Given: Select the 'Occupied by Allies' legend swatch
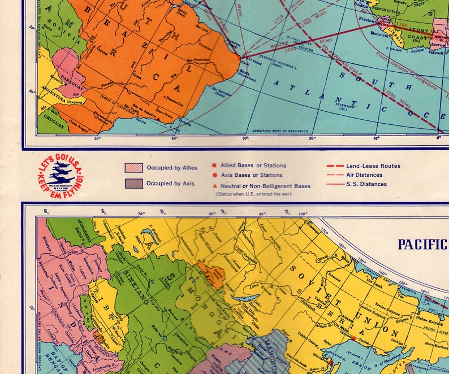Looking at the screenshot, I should (133, 168).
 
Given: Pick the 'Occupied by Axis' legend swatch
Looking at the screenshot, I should (133, 184).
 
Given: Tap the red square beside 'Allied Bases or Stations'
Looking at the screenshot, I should (214, 166).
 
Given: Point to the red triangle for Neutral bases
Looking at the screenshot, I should (214, 185).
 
